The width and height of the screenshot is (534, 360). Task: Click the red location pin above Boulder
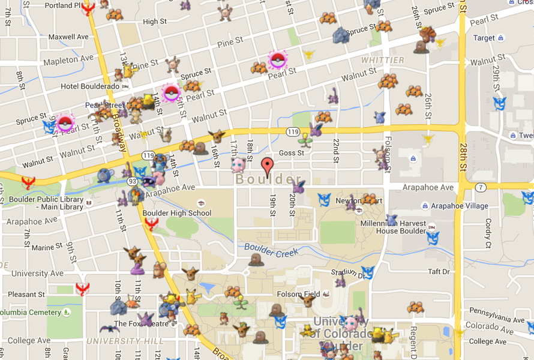point(268,164)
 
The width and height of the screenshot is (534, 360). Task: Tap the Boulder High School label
point(176,213)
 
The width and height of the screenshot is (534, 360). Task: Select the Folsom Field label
point(298,295)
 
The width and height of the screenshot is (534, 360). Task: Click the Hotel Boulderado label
point(90,86)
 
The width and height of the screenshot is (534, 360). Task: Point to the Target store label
point(484,38)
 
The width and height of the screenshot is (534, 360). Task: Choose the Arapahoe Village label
point(460,206)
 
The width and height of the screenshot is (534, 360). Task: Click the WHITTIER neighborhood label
point(382,61)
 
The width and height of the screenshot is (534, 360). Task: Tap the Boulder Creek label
point(271,250)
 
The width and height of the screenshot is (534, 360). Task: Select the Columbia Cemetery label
point(30,313)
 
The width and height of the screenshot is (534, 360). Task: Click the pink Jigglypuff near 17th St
point(238,165)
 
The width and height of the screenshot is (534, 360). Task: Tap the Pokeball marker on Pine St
point(277,59)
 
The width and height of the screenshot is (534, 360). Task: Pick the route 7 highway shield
point(481,188)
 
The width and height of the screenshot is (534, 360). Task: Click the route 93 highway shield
point(131,181)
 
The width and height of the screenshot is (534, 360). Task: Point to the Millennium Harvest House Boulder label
point(392,227)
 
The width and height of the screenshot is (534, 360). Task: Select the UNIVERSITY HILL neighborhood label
point(125,341)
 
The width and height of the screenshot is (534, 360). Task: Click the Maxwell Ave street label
point(68,37)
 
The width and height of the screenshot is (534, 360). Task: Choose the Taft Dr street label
point(439,272)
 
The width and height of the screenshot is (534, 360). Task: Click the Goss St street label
point(292,153)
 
